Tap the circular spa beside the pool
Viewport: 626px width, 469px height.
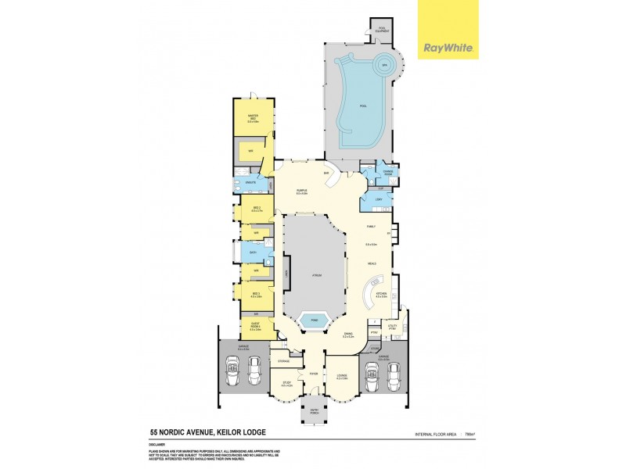pyautogui.click(x=384, y=65)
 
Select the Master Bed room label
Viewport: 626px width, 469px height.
pyautogui.click(x=252, y=119)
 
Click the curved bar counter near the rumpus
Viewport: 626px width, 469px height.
pyautogui.click(x=334, y=179)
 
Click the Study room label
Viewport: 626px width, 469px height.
pyautogui.click(x=286, y=383)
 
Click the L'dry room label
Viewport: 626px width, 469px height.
pyautogui.click(x=378, y=200)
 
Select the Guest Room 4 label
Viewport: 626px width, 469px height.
pyautogui.click(x=254, y=328)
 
